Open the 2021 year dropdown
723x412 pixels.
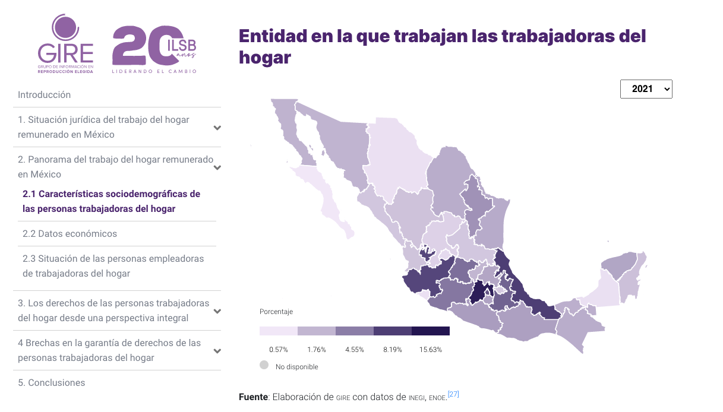(x=646, y=89)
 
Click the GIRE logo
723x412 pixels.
(x=65, y=45)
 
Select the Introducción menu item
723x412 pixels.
(x=45, y=95)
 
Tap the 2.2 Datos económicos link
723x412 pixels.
(x=70, y=234)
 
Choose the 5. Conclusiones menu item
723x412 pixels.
(x=51, y=383)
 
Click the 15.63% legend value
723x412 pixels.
(x=431, y=350)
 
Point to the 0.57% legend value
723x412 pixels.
(x=279, y=350)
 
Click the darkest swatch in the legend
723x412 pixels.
(x=431, y=331)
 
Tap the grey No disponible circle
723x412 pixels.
(x=264, y=366)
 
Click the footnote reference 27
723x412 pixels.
(x=453, y=394)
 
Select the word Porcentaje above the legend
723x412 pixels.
(x=276, y=312)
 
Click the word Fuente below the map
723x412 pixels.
(x=253, y=397)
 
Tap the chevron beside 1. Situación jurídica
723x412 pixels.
(x=217, y=128)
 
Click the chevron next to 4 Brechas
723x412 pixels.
(x=217, y=351)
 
